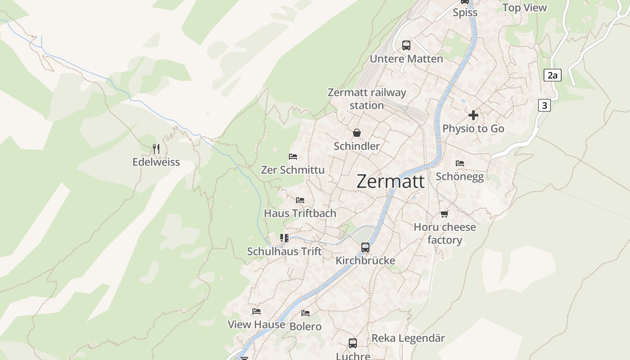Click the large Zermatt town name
coord(390,181)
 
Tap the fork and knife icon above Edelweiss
coord(156,148)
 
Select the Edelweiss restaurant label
coord(156,162)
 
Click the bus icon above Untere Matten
coord(406,45)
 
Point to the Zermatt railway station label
coord(367,99)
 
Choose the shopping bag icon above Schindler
coord(357,133)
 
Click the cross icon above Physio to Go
coord(473,115)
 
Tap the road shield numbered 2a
coord(552,75)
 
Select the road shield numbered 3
coord(544,105)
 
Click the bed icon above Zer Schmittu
coord(293,157)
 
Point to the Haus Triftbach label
coord(300,213)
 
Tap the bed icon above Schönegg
coord(459,163)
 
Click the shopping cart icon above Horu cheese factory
coord(445,214)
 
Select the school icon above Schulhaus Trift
coord(284,238)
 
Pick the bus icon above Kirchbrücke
coord(365,247)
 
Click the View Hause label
coord(256,324)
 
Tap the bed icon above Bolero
coord(306,313)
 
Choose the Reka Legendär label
coord(408,338)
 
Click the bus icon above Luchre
coord(353,343)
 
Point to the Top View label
coord(525,8)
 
